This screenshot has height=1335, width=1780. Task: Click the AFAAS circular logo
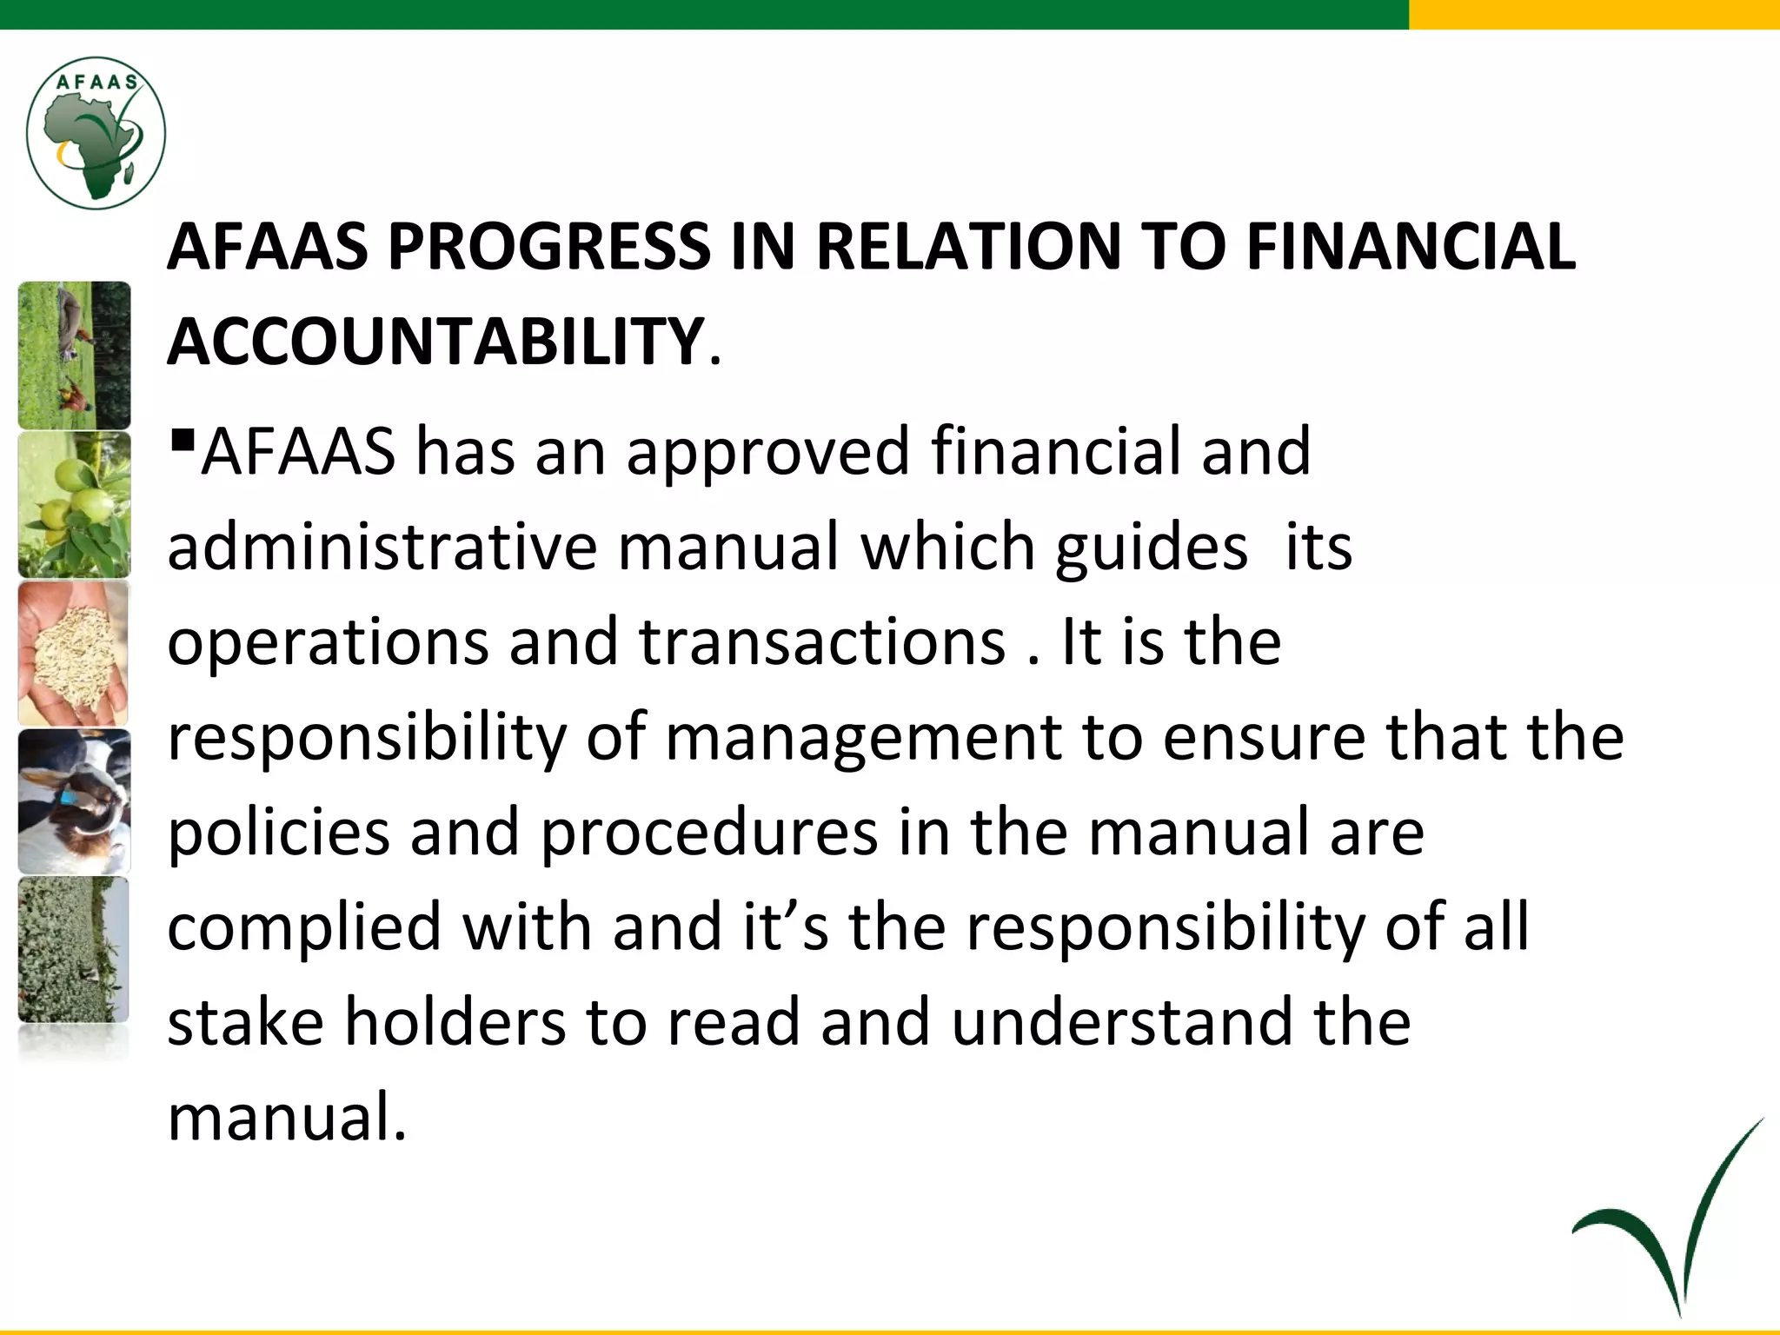click(96, 133)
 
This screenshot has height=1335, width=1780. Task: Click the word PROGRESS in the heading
click(548, 246)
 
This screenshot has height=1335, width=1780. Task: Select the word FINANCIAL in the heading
click(1410, 246)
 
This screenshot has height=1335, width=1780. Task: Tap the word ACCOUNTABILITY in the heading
click(435, 342)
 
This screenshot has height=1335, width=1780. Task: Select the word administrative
click(382, 547)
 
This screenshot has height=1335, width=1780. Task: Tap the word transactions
click(822, 642)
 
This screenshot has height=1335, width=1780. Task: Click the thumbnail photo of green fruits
click(74, 505)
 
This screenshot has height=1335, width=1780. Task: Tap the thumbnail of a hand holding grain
click(74, 654)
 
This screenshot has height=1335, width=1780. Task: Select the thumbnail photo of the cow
click(74, 801)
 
